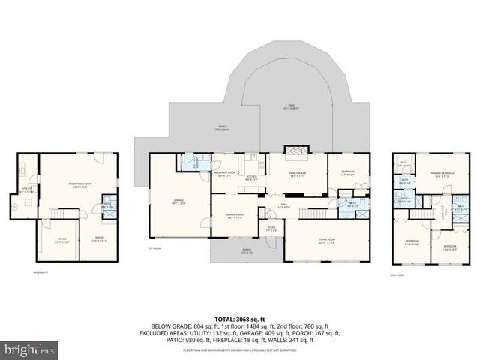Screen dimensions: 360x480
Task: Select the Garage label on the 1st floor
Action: pyautogui.click(x=178, y=202)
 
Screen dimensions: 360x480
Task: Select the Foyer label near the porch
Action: pyautogui.click(x=270, y=229)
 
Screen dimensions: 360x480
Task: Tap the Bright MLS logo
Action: pyautogui.click(x=30, y=349)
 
